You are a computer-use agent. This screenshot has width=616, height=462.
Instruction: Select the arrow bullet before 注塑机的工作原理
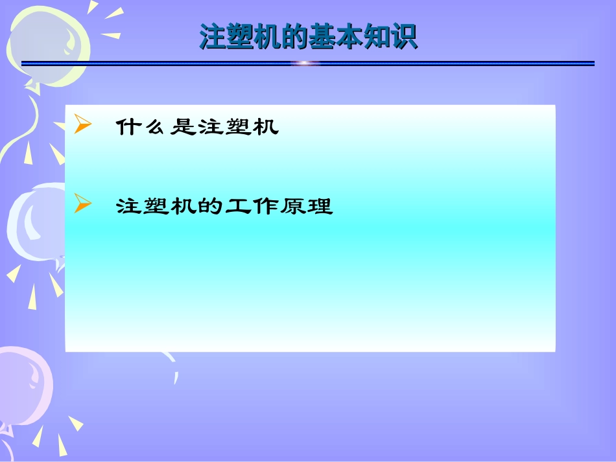[82, 204]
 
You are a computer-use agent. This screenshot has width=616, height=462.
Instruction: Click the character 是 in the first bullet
[183, 127]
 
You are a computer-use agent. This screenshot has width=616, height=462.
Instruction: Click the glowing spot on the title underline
[305, 64]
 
